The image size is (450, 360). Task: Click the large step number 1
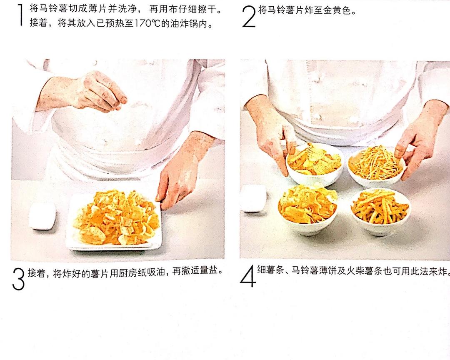[x=20, y=15]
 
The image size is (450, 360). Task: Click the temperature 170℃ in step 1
[x=147, y=23]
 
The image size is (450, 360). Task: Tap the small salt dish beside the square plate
[x=42, y=216]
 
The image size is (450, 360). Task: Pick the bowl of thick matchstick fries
[x=381, y=211]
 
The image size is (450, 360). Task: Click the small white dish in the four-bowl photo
[x=254, y=198]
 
